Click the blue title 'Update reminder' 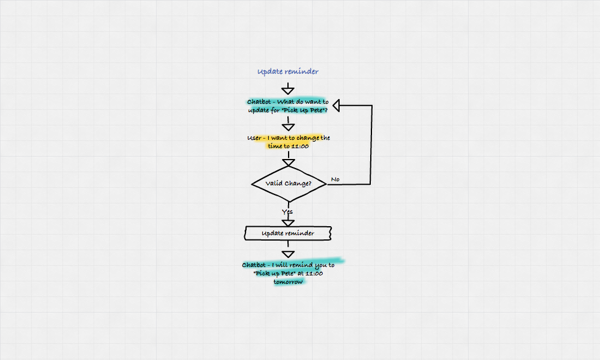tap(288, 72)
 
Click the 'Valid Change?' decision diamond tap(289, 183)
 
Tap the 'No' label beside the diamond tap(335, 179)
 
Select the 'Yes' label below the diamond tap(287, 212)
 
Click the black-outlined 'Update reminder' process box tap(288, 233)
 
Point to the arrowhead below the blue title tap(288, 91)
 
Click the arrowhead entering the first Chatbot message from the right tap(337, 106)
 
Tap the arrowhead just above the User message tap(288, 127)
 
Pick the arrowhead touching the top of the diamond tap(289, 163)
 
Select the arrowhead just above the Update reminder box tap(288, 223)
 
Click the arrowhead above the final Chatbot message tap(288, 252)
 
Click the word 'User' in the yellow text tap(254, 138)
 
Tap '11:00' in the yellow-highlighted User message tap(300, 146)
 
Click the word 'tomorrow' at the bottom tap(288, 281)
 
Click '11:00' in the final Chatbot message tap(314, 273)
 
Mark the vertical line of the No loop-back tap(371, 144)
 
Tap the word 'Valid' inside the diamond tap(274, 183)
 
